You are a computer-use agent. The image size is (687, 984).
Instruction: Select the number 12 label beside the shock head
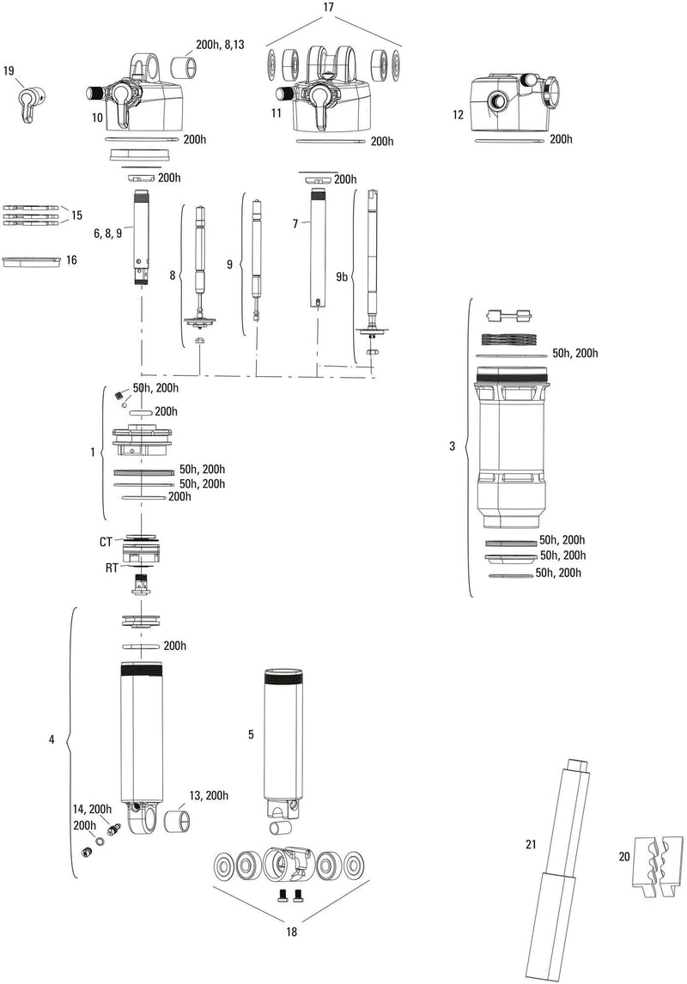(458, 114)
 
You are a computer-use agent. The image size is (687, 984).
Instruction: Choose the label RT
(112, 568)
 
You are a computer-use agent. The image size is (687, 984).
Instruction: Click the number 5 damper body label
(251, 734)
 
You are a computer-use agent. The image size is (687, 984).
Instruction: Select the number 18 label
(292, 932)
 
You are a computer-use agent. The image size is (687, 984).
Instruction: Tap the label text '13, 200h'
(207, 796)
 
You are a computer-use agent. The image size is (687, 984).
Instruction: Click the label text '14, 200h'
(93, 810)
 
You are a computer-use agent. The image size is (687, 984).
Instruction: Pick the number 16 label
(71, 258)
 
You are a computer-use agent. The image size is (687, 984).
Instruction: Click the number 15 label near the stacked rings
(76, 215)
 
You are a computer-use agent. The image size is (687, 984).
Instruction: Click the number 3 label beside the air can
(453, 446)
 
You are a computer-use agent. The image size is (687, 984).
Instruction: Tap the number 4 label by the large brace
(52, 739)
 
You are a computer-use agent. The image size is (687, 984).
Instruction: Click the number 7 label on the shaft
(295, 223)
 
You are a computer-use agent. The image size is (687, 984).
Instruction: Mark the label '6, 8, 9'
(107, 233)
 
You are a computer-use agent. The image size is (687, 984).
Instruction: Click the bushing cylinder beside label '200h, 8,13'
(183, 69)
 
